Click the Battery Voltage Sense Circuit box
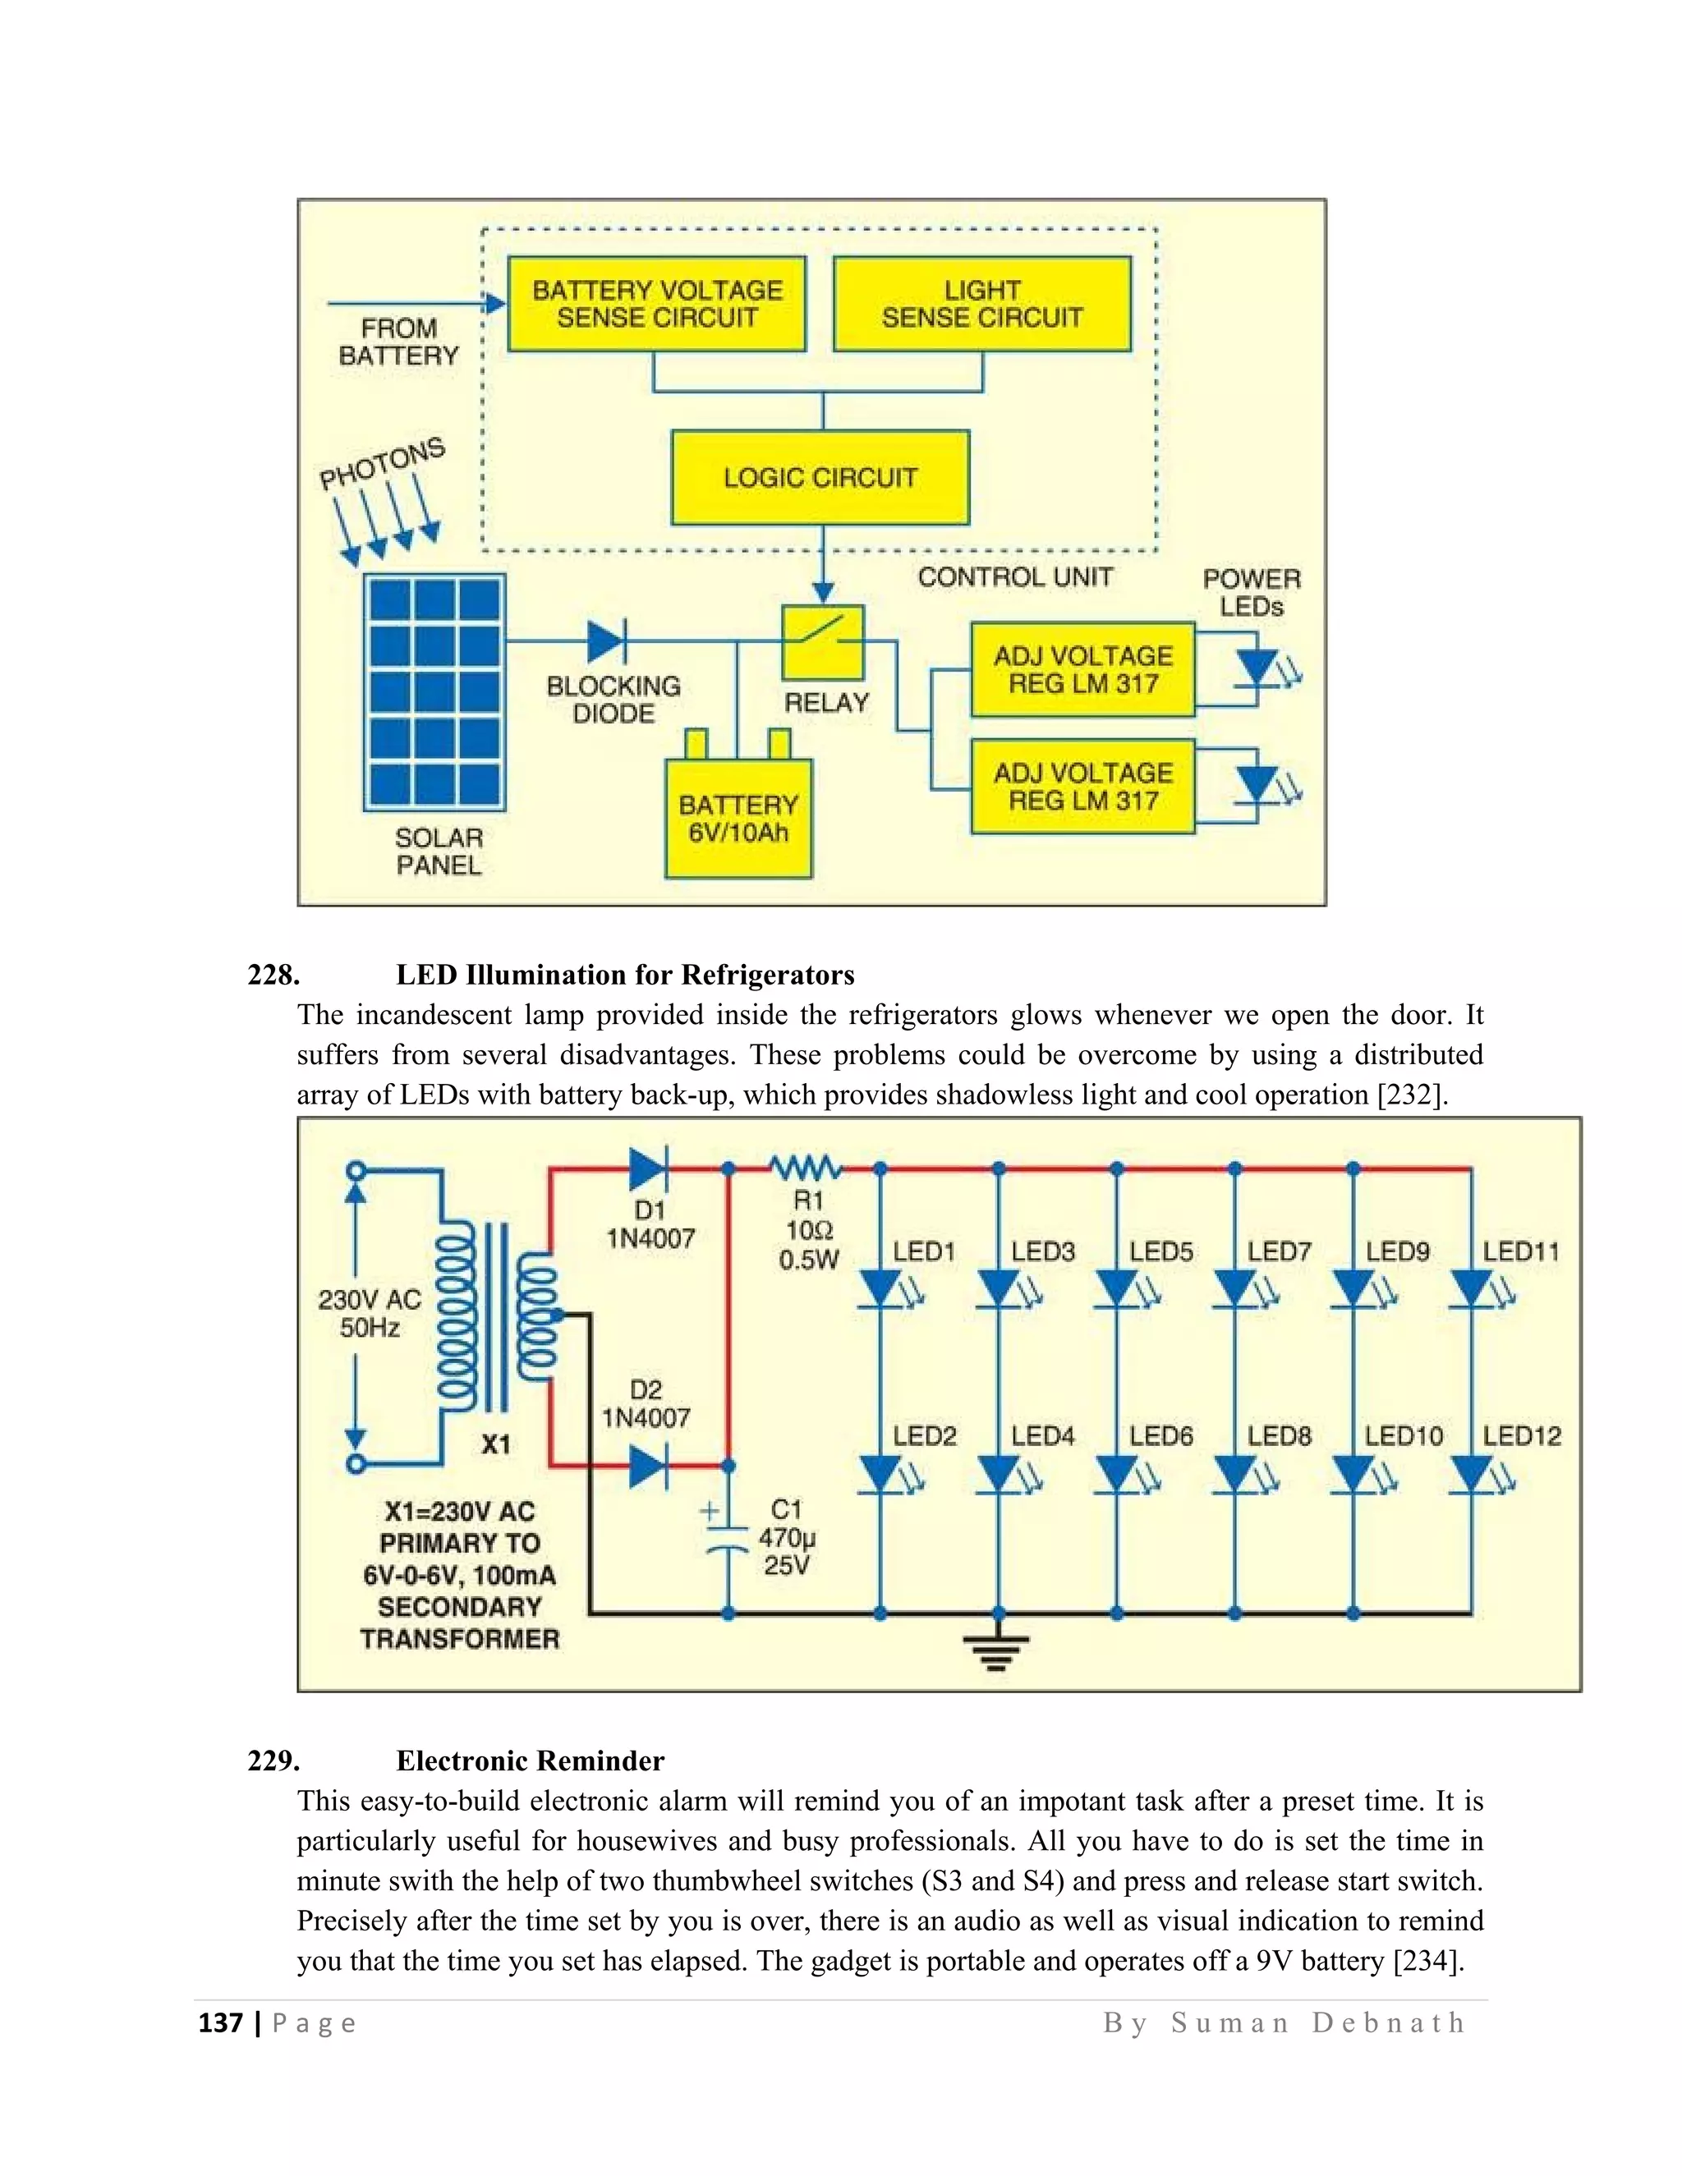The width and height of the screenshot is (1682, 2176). pyautogui.click(x=657, y=304)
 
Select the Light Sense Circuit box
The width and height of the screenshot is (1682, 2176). pyautogui.click(x=981, y=304)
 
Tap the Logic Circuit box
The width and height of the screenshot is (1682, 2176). pyautogui.click(x=820, y=477)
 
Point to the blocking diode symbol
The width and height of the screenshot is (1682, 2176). pyautogui.click(x=607, y=641)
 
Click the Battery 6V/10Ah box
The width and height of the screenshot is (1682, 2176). pyautogui.click(x=738, y=818)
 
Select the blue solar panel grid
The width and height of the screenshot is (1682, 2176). pyautogui.click(x=434, y=691)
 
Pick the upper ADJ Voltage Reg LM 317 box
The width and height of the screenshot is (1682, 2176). pyautogui.click(x=1082, y=669)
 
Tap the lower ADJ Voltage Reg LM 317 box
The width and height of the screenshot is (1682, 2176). pyautogui.click(x=1082, y=786)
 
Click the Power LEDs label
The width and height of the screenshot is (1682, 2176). pyautogui.click(x=1252, y=592)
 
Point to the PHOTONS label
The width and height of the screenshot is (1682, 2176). pyautogui.click(x=382, y=463)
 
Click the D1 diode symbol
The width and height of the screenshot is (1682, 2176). pyautogui.click(x=648, y=1168)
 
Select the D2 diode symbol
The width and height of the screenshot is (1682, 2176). pyautogui.click(x=648, y=1466)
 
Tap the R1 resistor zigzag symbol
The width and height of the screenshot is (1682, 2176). pyautogui.click(x=805, y=1167)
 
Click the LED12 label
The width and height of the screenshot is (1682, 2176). pyautogui.click(x=1522, y=1435)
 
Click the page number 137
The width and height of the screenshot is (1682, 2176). pyautogui.click(x=220, y=2023)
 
